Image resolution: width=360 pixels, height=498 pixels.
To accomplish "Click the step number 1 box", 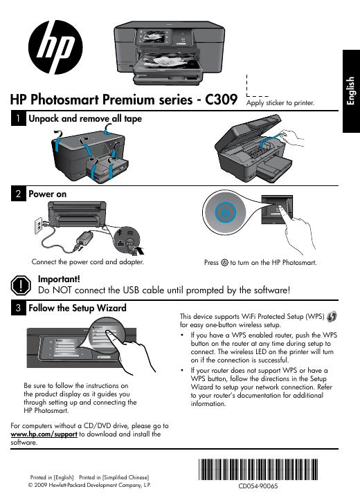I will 17,120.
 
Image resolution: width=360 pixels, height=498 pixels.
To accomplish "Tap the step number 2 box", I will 17,194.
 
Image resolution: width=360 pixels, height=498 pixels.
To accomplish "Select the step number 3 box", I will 17,308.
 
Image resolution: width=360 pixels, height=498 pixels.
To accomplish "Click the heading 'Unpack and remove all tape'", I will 84,119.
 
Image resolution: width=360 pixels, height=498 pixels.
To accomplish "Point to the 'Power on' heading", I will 47,194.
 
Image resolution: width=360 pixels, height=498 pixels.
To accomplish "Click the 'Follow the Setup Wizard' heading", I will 77,307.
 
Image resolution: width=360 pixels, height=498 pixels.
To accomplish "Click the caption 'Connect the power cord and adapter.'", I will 88,263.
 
